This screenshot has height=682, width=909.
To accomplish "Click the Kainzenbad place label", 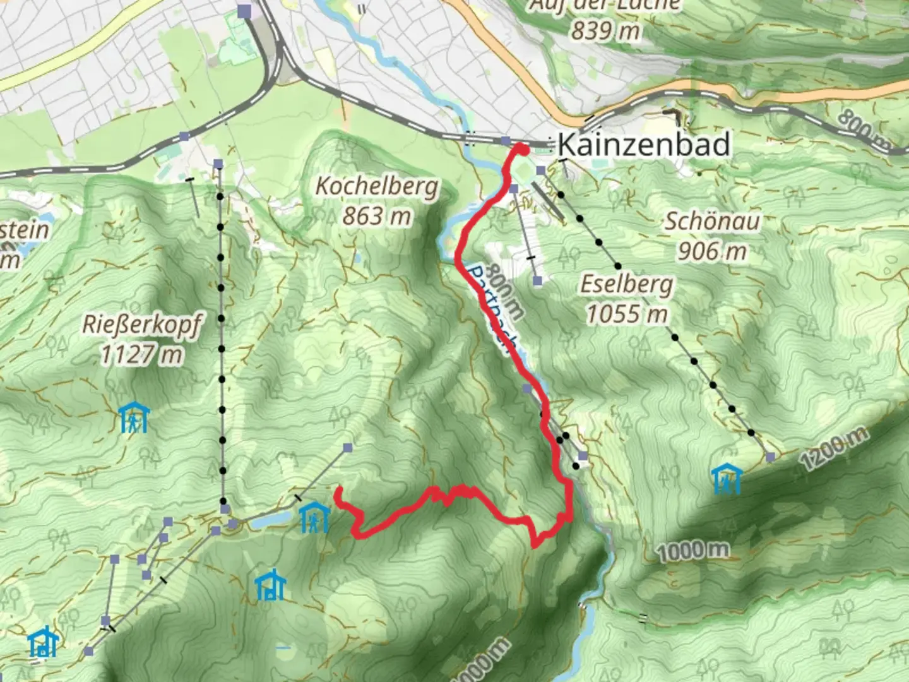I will click(644, 145).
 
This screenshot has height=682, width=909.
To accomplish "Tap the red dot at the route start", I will click(523, 149).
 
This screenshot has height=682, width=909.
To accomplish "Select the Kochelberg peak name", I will click(376, 186).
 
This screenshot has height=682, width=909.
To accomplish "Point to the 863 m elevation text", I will click(376, 217).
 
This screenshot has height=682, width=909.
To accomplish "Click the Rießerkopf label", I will click(142, 325).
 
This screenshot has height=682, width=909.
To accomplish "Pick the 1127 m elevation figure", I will click(142, 355).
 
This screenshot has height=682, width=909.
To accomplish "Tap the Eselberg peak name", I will click(626, 285).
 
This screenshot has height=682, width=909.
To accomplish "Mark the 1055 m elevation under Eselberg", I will click(626, 314).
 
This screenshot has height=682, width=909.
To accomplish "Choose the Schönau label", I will click(712, 222).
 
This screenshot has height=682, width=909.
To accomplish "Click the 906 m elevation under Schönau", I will click(712, 251).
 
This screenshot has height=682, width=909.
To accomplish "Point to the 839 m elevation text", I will click(605, 30).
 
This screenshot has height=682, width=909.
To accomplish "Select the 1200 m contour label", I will click(833, 448).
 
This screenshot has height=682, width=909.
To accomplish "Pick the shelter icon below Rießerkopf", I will click(134, 418).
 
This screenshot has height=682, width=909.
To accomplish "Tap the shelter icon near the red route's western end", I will click(314, 517).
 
